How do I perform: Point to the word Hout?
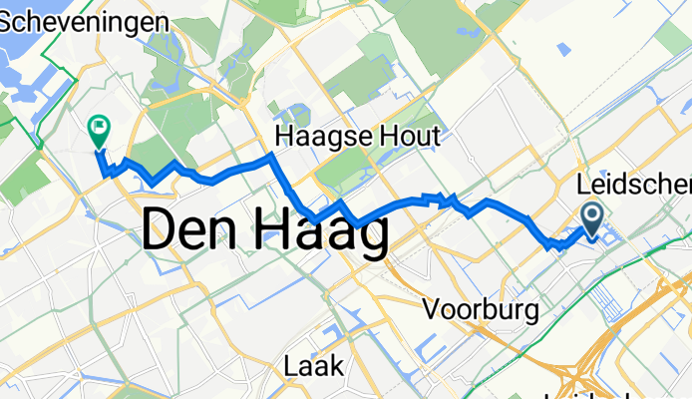coord(407,137)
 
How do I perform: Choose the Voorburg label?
coord(481,309)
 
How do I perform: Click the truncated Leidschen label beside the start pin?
coord(634,185)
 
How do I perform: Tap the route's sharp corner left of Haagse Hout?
coord(270,158)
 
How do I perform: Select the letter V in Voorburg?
coord(432,309)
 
